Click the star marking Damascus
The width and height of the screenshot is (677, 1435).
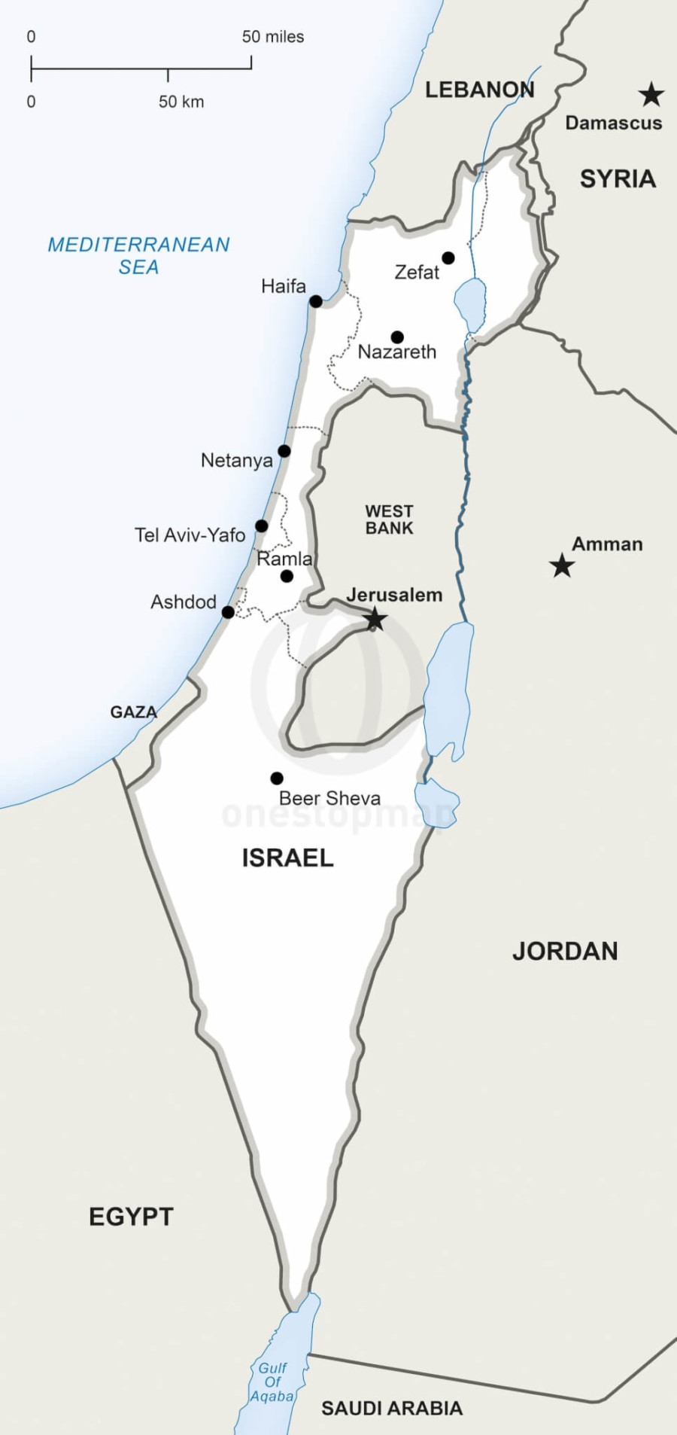[651, 95]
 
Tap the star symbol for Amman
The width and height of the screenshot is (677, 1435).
[562, 565]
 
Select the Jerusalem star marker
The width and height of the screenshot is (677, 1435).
[375, 620]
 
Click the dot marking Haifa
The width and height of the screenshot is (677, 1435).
[316, 301]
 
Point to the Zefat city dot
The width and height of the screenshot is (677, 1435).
[448, 258]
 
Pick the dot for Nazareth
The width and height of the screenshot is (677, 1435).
[397, 337]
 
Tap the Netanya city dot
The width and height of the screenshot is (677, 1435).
[284, 451]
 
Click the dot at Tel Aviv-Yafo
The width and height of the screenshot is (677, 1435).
[261, 526]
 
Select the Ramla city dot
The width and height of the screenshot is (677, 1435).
[287, 576]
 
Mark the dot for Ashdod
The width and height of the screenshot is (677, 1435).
[228, 612]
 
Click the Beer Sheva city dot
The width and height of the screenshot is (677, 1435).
[277, 778]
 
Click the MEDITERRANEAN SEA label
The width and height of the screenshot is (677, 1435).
[138, 255]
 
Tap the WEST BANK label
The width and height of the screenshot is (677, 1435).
[389, 519]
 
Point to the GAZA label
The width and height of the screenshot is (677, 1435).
[133, 711]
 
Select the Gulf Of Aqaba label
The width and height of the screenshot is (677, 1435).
[272, 1382]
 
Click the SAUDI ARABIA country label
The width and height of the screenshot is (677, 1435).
[391, 1408]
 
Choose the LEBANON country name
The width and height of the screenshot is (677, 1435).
[479, 90]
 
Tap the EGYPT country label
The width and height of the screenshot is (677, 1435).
[131, 1217]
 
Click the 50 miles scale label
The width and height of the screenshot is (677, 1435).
[273, 37]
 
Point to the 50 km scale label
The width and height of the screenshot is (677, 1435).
[181, 102]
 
